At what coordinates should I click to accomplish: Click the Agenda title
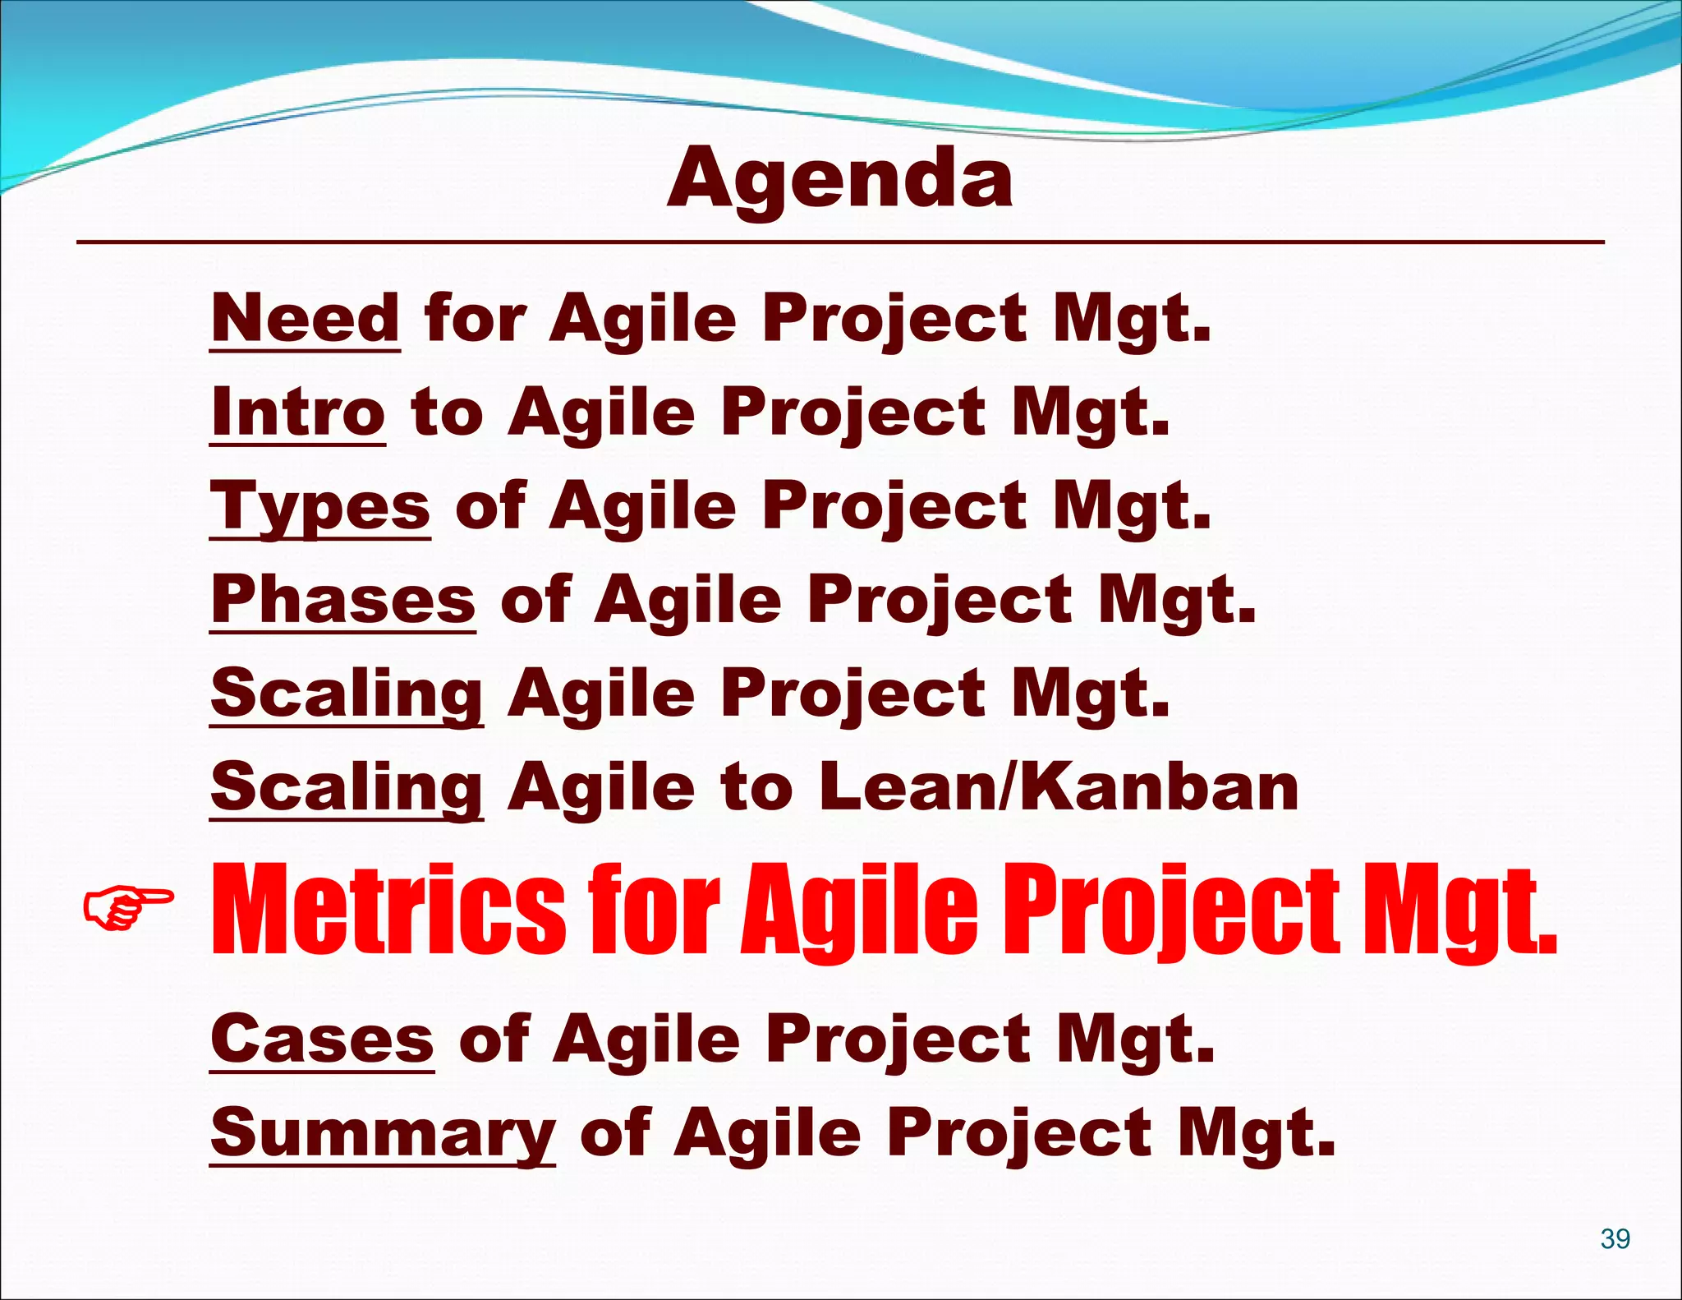point(839,180)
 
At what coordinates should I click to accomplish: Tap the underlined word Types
point(320,508)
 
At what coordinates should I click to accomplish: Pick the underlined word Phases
point(342,600)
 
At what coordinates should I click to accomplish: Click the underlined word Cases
point(322,1040)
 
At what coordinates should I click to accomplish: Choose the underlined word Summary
point(383,1134)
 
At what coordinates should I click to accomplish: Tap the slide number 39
point(1615,1238)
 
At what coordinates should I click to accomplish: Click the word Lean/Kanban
point(1058,787)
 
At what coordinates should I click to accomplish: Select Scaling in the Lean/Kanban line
point(347,787)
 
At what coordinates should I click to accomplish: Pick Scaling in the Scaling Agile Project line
point(347,694)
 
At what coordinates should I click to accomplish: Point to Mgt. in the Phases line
point(1176,600)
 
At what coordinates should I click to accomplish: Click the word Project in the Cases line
point(900,1040)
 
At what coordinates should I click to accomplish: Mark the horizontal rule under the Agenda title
point(839,242)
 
